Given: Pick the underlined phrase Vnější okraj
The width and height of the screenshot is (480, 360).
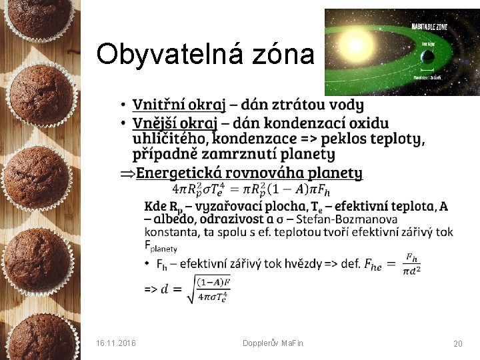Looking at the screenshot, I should pyautogui.click(x=175, y=123).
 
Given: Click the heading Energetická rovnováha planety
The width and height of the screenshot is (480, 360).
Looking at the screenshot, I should pyautogui.click(x=249, y=173).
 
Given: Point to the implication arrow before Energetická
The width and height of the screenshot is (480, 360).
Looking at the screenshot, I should pyautogui.click(x=127, y=174).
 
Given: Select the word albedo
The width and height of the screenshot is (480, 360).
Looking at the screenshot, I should pyautogui.click(x=175, y=219).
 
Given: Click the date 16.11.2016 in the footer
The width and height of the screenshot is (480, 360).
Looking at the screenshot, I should pyautogui.click(x=116, y=343).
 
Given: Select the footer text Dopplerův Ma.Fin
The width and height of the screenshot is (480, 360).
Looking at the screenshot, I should pyautogui.click(x=273, y=343).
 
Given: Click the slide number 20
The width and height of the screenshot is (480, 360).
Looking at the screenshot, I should pyautogui.click(x=457, y=343).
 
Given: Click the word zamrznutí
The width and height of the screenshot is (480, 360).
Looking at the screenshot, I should pyautogui.click(x=245, y=155).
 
